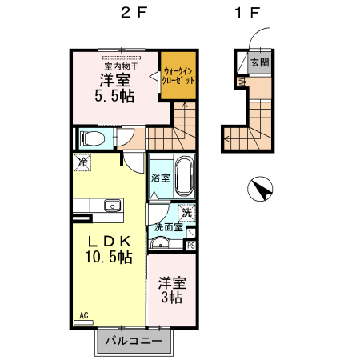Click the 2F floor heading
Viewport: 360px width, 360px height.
click(131, 14)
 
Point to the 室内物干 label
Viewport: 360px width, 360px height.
click(122, 66)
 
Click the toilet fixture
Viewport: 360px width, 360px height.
click(90, 138)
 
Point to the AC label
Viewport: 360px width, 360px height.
click(83, 315)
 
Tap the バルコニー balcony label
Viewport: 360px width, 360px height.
click(134, 342)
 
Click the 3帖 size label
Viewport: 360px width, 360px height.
click(170, 298)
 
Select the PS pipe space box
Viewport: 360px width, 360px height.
click(190, 246)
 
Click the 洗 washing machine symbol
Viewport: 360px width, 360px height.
click(186, 213)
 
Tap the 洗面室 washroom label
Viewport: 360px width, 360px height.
click(168, 227)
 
